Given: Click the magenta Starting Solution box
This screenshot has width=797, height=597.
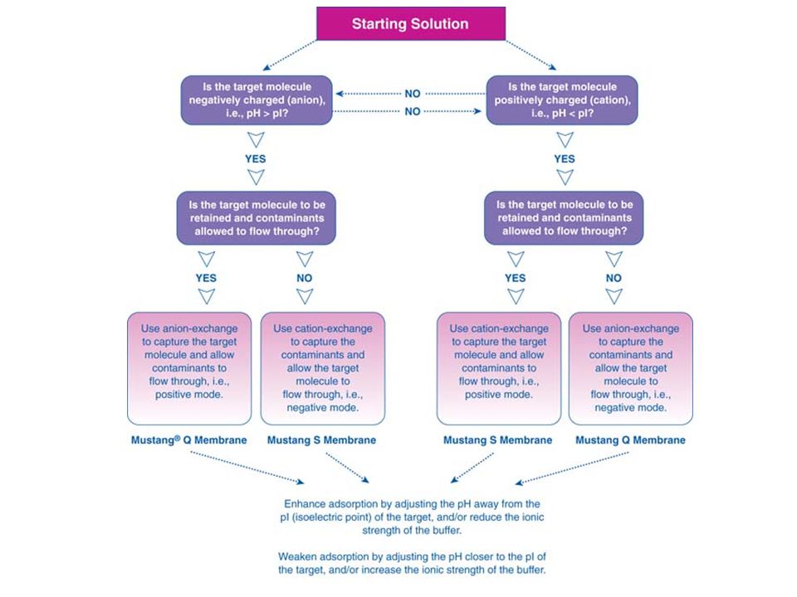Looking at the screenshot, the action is point(411,23).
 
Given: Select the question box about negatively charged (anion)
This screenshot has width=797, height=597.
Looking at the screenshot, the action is point(257,100).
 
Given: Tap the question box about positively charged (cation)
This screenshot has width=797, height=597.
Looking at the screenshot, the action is point(562,100).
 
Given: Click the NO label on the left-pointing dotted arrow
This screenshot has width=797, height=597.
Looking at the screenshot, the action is point(413,94).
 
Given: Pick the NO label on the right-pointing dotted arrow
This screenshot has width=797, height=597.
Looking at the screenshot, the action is point(413,111).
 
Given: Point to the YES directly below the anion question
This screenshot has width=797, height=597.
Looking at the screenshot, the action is point(255,159).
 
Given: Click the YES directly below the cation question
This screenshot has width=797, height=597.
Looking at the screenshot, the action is point(565,159).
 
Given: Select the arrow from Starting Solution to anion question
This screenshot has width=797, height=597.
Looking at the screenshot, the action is point(290,55).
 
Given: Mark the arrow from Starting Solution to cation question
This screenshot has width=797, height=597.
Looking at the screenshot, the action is point(531,55).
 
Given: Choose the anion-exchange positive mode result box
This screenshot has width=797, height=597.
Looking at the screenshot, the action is point(189,368).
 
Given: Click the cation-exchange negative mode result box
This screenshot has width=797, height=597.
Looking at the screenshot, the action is point(323,368).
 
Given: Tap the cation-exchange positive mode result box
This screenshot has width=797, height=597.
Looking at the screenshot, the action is point(499,368).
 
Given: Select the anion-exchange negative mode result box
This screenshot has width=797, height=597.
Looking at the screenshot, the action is point(631,368).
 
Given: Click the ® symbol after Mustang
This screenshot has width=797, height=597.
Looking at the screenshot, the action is point(178,438).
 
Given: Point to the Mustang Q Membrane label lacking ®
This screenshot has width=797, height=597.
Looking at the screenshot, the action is point(630,440).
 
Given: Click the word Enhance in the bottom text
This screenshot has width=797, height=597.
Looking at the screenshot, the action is point(305,504).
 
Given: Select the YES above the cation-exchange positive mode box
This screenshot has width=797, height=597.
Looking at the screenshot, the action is point(516,279).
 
